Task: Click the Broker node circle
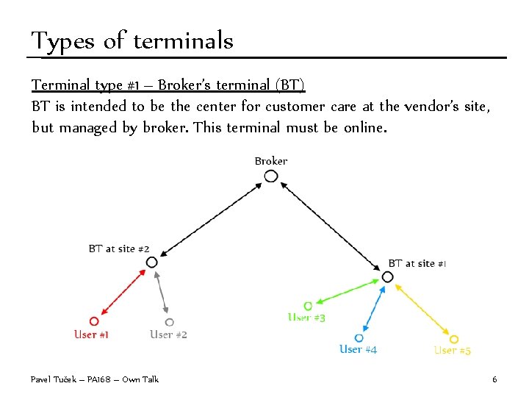(x=271, y=176)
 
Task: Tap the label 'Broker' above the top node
(x=271, y=161)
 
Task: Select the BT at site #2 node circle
(x=151, y=262)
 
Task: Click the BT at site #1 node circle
(x=387, y=277)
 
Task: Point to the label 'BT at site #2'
(x=119, y=249)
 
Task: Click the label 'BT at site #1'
(x=417, y=263)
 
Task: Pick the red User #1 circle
(x=93, y=321)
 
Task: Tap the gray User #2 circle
(x=170, y=322)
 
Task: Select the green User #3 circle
(x=308, y=305)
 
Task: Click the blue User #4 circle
(x=359, y=338)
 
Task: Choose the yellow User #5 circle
(x=454, y=339)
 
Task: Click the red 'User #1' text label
(x=92, y=335)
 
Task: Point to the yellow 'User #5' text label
(x=453, y=351)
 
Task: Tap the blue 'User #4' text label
(x=359, y=350)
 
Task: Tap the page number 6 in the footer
(x=494, y=379)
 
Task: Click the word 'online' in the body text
(x=361, y=128)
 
